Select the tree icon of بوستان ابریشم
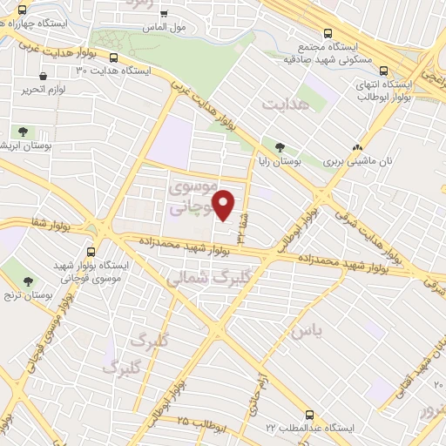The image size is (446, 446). (x=22, y=132)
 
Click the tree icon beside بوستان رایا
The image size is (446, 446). (x=280, y=148)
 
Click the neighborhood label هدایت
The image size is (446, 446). (x=283, y=104)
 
